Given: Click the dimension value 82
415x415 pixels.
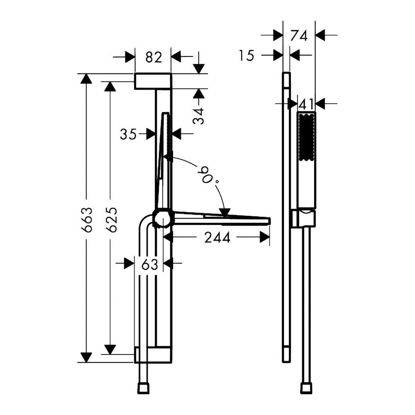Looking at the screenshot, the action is (x=154, y=57).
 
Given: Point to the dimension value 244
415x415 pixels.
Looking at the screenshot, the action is (x=217, y=237).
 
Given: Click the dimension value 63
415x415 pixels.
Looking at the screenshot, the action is (x=149, y=264).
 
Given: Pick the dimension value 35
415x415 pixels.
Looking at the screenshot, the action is (x=128, y=134).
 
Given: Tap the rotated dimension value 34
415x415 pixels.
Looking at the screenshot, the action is (x=198, y=116).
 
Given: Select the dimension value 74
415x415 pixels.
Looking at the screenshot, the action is (x=298, y=36).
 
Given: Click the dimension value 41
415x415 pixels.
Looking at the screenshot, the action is (x=306, y=104).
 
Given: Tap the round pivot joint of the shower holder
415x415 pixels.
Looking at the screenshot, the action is (x=164, y=218).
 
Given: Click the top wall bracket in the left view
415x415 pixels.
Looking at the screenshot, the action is (x=153, y=81).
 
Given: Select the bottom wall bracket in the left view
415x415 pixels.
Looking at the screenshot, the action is (x=153, y=355).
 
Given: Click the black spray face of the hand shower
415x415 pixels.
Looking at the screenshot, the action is (x=307, y=137).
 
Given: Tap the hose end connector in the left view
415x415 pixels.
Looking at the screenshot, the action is (x=143, y=388).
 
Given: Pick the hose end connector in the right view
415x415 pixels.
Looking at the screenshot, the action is (x=306, y=388).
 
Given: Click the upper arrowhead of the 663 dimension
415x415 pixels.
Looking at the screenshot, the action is (x=86, y=78).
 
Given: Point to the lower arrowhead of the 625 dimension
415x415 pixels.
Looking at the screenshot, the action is (x=110, y=349).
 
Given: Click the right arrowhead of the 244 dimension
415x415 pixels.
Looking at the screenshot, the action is (x=265, y=237).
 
